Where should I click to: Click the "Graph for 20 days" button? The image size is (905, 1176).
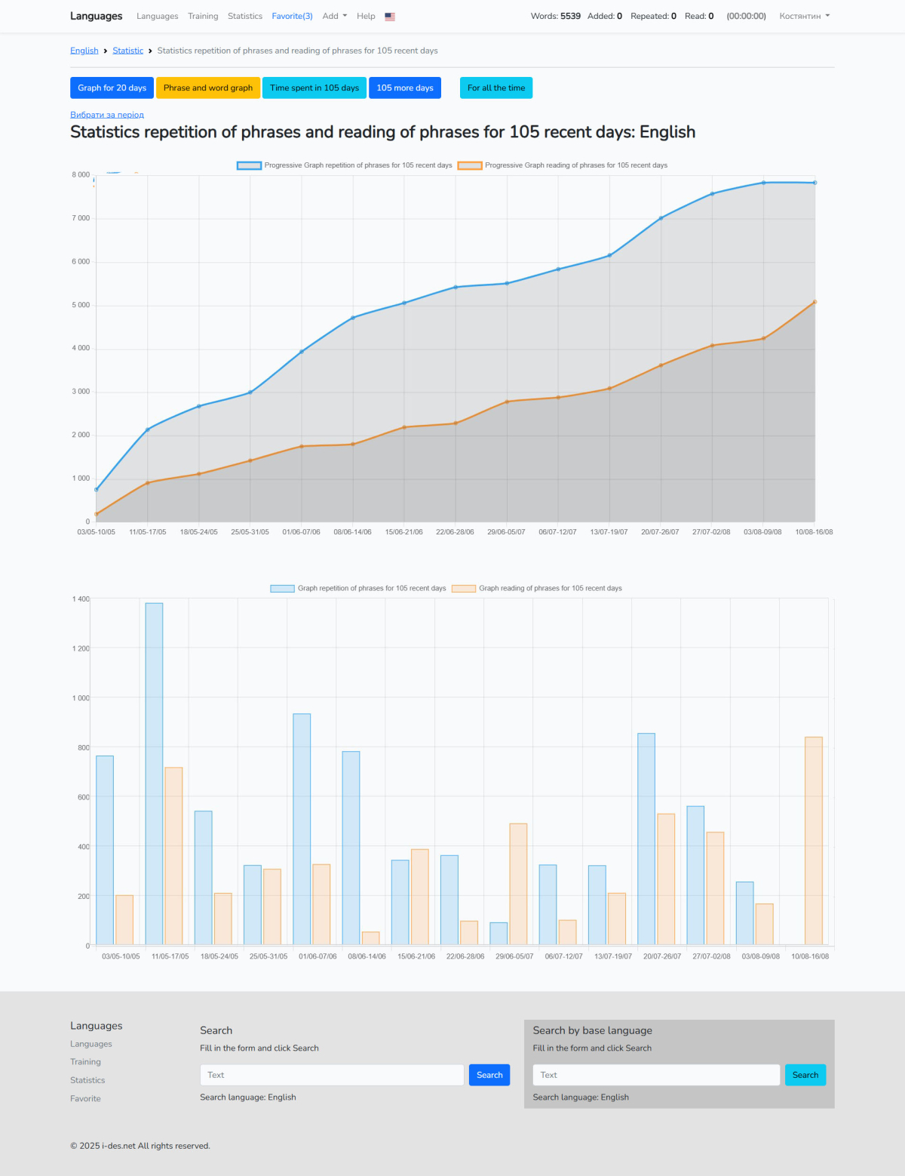[x=112, y=88]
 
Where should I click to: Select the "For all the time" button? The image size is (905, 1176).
[x=495, y=88]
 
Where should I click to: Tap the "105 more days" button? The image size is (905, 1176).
[x=405, y=88]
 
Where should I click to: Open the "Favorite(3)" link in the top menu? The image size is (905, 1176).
[x=292, y=16]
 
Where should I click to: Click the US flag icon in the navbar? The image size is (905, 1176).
[x=390, y=17]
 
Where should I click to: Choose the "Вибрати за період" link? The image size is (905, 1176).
[x=107, y=115]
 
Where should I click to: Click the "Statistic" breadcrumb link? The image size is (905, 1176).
[x=127, y=51]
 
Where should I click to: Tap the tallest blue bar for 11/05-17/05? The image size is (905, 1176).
[x=154, y=774]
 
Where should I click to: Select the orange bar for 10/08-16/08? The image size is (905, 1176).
[x=814, y=840]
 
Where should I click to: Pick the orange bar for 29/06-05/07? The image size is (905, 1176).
[x=518, y=884]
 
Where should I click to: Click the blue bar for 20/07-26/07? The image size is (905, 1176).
[x=646, y=839]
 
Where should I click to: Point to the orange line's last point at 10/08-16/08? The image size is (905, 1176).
[x=814, y=302]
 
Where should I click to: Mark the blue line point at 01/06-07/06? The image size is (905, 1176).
[x=302, y=352]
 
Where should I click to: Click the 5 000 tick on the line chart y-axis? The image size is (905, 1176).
[x=81, y=305]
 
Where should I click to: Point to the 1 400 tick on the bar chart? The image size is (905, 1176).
[x=81, y=599]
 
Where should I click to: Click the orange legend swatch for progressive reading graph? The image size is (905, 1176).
[x=470, y=165]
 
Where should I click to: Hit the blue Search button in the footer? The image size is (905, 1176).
[x=489, y=1075]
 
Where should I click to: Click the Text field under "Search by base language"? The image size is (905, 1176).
[x=656, y=1075]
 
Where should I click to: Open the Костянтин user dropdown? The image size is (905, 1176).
[x=804, y=16]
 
